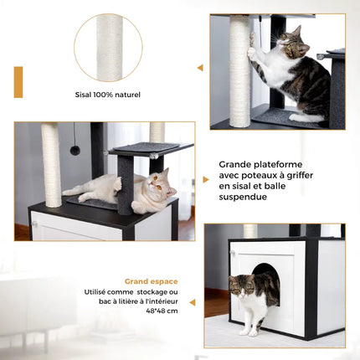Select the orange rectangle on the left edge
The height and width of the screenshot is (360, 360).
[x=18, y=82]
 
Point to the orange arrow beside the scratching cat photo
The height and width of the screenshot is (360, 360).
[x=200, y=68]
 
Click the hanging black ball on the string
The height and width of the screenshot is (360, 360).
[x=75, y=149]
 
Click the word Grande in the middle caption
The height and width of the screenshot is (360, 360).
[x=236, y=165]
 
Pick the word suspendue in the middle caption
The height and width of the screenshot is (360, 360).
[x=246, y=198]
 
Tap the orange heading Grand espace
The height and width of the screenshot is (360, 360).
[x=151, y=281]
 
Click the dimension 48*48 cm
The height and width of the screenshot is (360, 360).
[x=161, y=311]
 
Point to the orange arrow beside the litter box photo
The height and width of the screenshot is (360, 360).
[x=192, y=301]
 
